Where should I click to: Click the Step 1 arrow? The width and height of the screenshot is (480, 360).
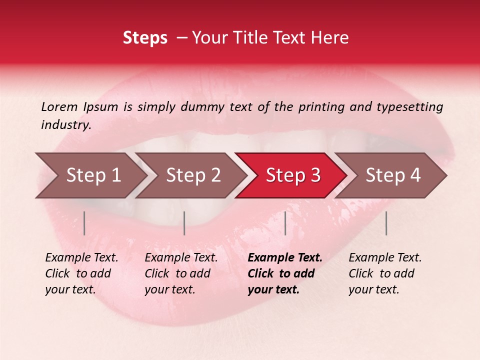pos(92,175)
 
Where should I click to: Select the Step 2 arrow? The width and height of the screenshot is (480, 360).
pos(192,175)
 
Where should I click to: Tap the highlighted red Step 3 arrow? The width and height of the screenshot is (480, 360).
pos(292,175)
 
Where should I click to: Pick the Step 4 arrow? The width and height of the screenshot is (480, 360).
pos(392,175)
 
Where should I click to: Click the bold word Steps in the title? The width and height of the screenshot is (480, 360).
pos(145,38)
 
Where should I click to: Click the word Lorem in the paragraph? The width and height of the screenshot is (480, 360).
pos(59,106)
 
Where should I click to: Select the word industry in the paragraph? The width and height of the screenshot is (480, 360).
pos(65,125)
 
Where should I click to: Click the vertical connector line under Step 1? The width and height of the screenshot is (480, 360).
pos(84,223)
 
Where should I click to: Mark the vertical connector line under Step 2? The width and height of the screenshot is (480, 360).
pos(184,223)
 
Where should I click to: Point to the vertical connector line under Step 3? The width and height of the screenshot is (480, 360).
pos(285,223)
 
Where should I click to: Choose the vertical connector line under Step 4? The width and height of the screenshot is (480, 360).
pos(386,223)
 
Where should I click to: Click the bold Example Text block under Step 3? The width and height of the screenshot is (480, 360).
pos(284,273)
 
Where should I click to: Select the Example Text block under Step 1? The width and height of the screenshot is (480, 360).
pos(81,273)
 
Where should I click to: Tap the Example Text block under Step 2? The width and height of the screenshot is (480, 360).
pos(181,273)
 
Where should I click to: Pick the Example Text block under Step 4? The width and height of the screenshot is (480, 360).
pos(385,273)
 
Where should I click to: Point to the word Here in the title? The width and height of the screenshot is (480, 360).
pos(332,38)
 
